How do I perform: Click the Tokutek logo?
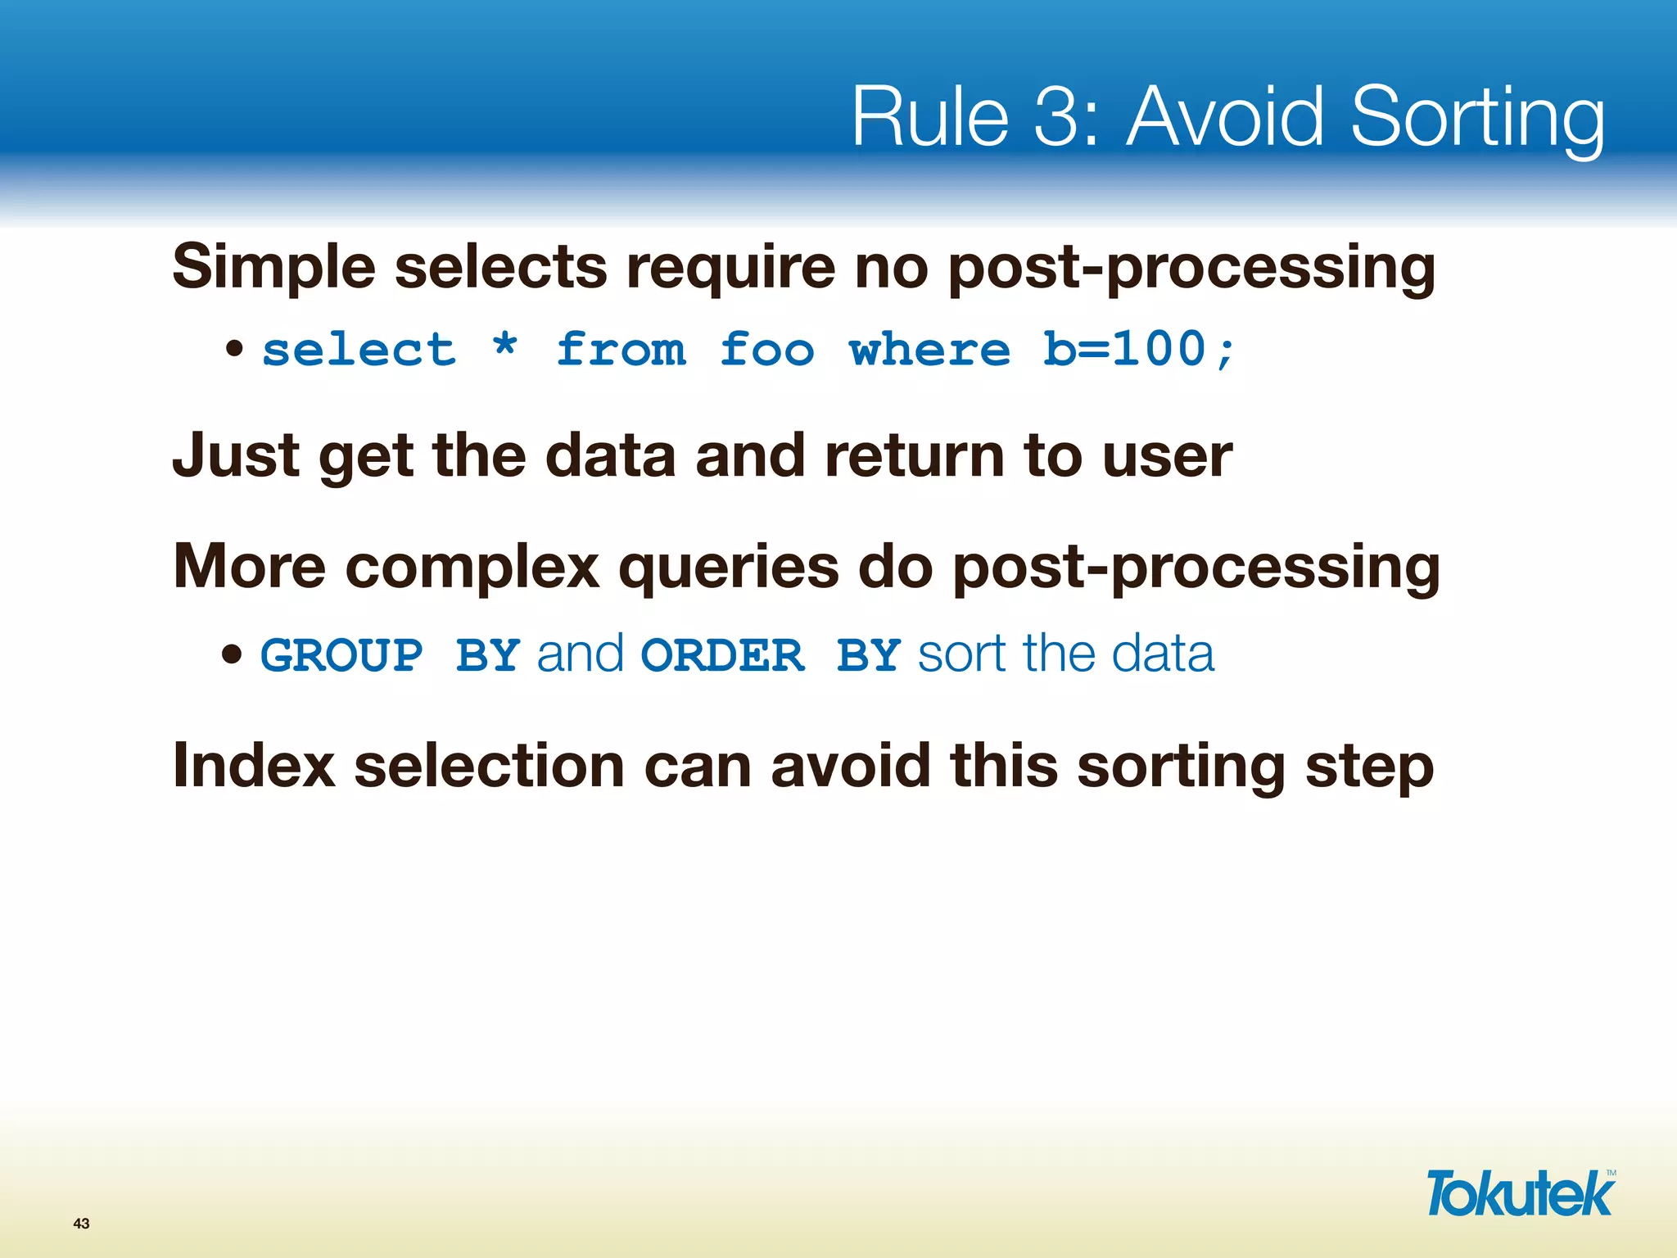pyautogui.click(x=1520, y=1193)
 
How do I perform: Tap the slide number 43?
pyautogui.click(x=81, y=1224)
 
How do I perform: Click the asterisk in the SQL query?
pyautogui.click(x=505, y=347)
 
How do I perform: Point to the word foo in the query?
pyautogui.click(x=766, y=351)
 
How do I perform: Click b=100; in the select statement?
pyautogui.click(x=1138, y=351)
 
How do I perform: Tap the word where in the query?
pyautogui.click(x=929, y=351)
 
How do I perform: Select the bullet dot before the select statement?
pyautogui.click(x=235, y=350)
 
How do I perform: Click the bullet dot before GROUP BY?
pyautogui.click(x=233, y=654)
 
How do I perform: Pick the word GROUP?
pyautogui.click(x=341, y=656)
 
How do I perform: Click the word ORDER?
pyautogui.click(x=722, y=656)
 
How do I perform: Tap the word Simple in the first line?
pyautogui.click(x=273, y=269)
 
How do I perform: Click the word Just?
pyautogui.click(x=236, y=455)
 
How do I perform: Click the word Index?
pyautogui.click(x=254, y=766)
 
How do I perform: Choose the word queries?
pyautogui.click(x=729, y=568)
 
